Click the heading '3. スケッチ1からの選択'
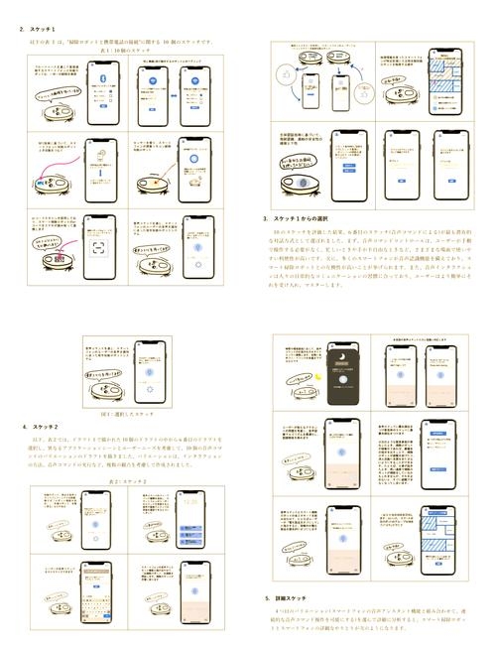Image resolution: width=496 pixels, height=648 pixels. (304, 218)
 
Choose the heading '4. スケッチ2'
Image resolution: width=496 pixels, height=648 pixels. (41, 427)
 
